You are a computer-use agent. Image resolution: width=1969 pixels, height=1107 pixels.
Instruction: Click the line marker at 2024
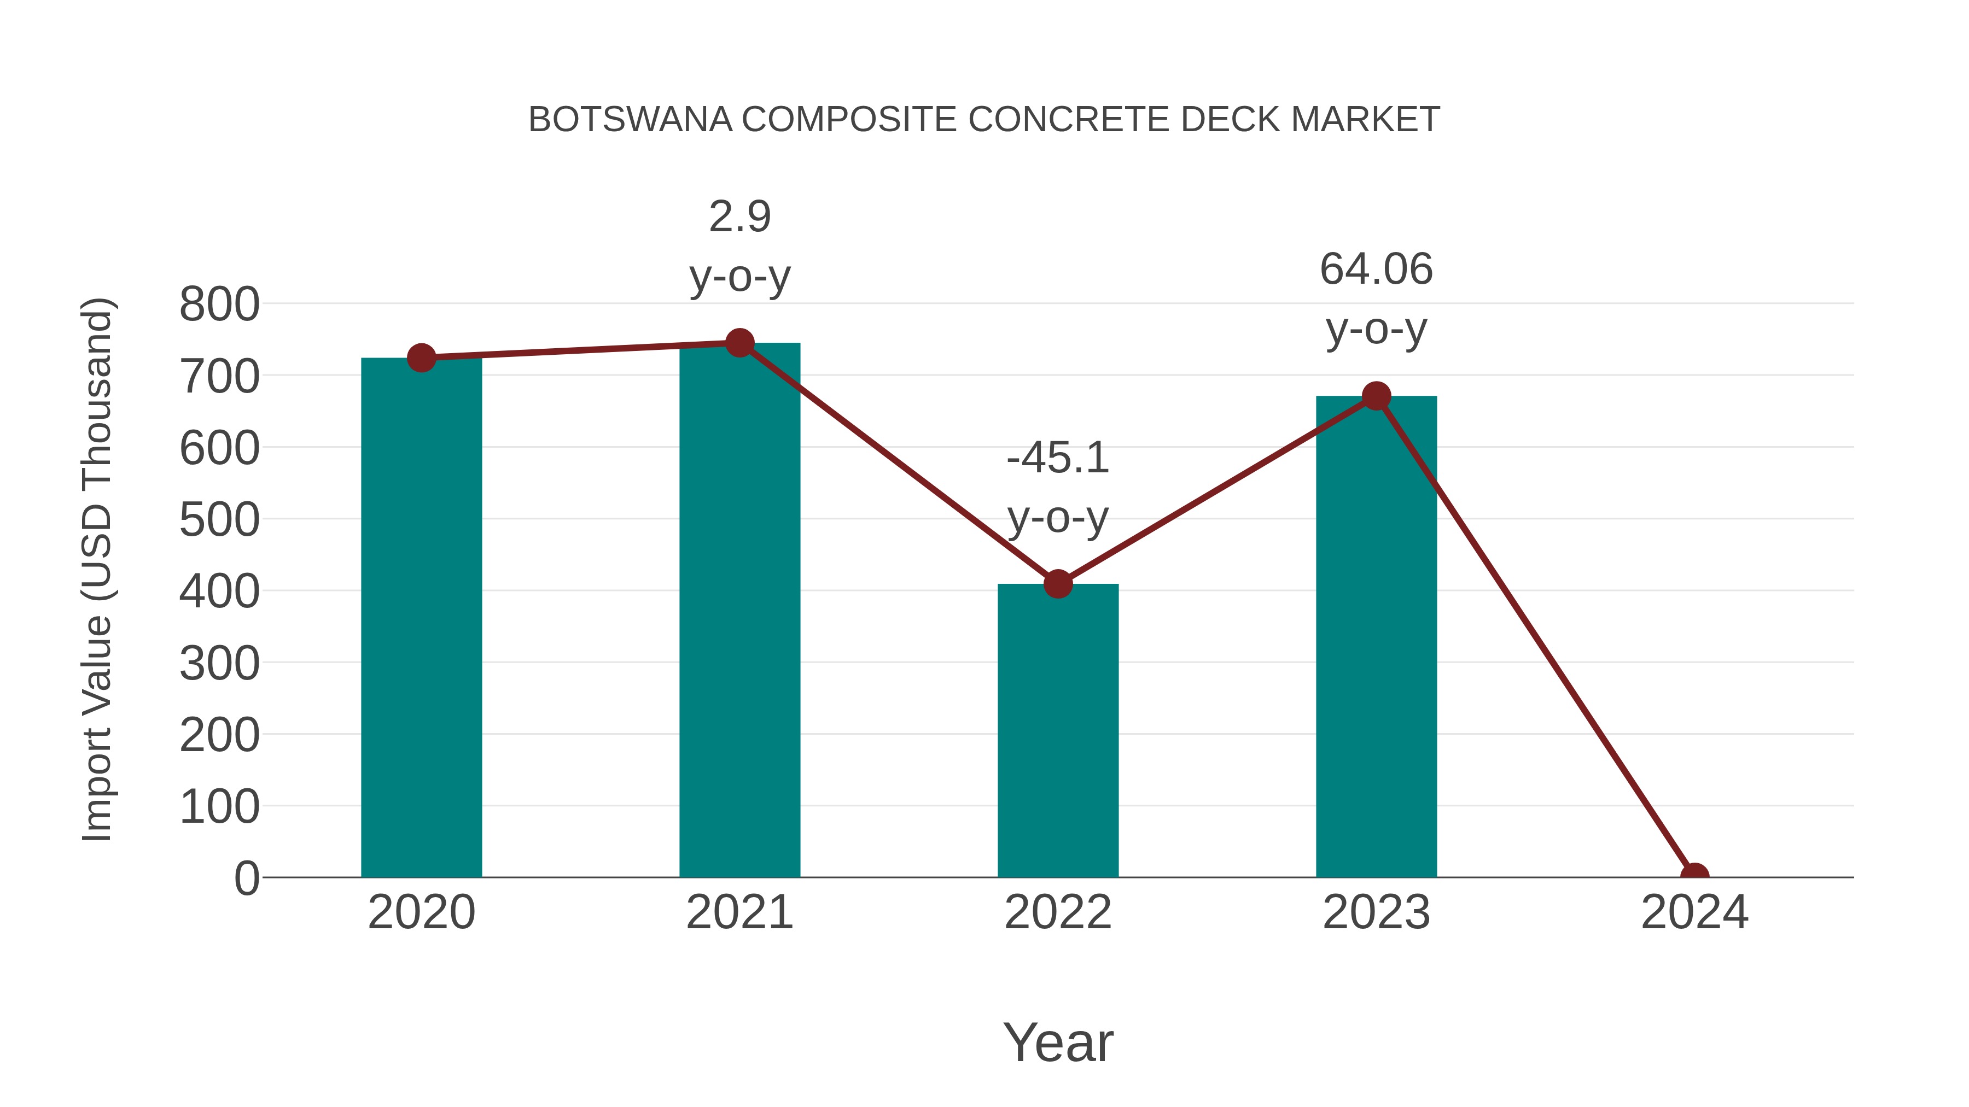pyautogui.click(x=1694, y=876)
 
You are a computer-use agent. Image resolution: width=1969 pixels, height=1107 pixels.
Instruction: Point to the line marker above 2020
pyautogui.click(x=421, y=358)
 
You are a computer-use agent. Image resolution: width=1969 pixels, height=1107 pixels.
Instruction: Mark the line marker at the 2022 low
pyautogui.click(x=1057, y=584)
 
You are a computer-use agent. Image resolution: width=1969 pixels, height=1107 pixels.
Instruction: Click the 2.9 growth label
pyautogui.click(x=739, y=217)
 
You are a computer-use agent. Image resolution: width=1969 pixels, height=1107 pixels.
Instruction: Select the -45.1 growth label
pyautogui.click(x=1057, y=459)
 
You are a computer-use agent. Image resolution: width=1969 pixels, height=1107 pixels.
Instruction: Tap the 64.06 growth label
pyautogui.click(x=1376, y=270)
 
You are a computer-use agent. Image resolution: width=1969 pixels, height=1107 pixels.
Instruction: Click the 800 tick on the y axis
pyautogui.click(x=219, y=304)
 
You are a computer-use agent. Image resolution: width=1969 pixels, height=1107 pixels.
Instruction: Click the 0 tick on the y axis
pyautogui.click(x=246, y=878)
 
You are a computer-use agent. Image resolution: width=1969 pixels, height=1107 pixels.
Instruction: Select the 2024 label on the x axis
pyautogui.click(x=1694, y=912)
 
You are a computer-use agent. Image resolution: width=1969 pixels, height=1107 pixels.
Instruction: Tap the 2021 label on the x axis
pyautogui.click(x=739, y=912)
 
